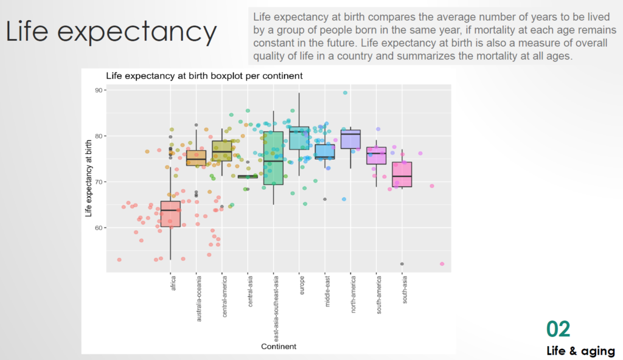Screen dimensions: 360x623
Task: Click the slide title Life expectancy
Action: (x=111, y=32)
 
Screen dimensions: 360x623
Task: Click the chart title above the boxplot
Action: (x=204, y=76)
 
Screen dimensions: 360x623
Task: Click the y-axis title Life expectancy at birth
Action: (x=89, y=178)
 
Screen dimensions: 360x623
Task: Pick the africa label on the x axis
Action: (x=173, y=284)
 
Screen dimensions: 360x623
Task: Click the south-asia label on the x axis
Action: (x=405, y=289)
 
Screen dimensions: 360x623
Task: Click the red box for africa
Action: (x=170, y=214)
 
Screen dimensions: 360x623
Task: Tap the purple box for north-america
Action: (x=350, y=139)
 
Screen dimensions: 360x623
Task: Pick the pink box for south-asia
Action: (x=402, y=175)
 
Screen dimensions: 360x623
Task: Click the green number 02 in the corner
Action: (x=558, y=329)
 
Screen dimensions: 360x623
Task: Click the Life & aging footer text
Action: (x=580, y=351)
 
